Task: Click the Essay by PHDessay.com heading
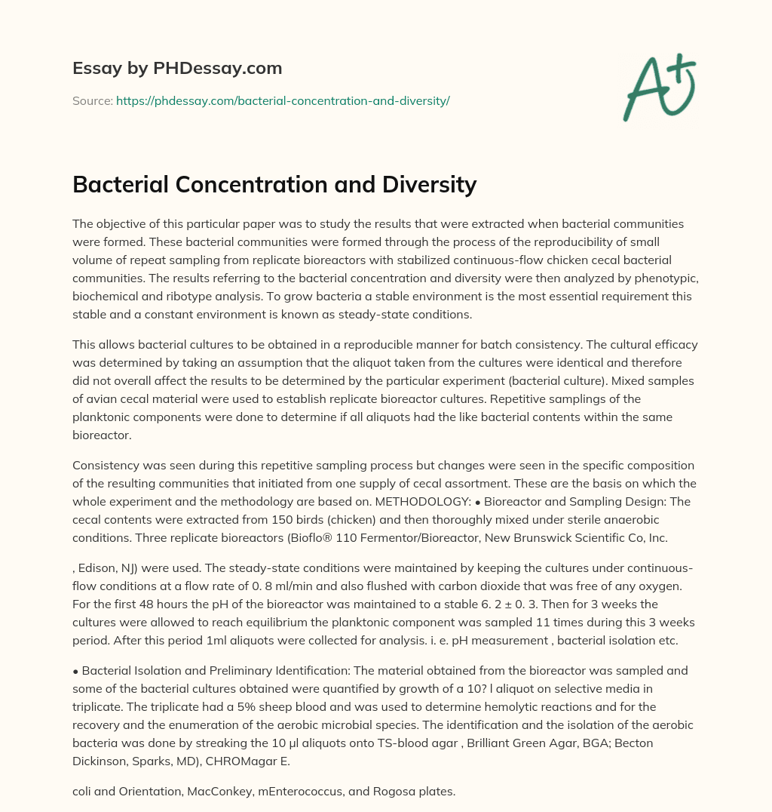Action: click(x=177, y=69)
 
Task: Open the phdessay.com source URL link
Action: click(x=283, y=100)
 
